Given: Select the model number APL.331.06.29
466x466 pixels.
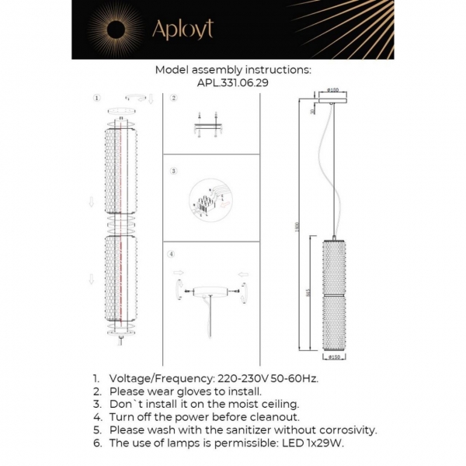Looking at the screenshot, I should pos(233,82).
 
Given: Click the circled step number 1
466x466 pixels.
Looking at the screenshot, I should pos(96,99).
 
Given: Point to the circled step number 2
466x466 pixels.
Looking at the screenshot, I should pos(173,99).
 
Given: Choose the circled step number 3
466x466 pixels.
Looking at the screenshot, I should pos(173,170).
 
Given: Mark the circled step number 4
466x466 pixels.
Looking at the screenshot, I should pos(172,255).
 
